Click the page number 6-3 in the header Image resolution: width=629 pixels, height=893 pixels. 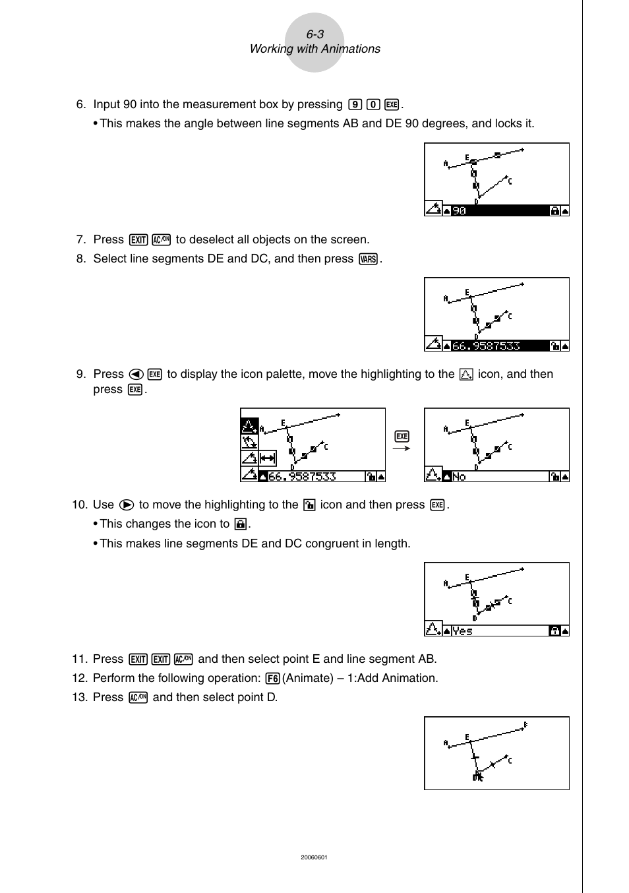pos(314,34)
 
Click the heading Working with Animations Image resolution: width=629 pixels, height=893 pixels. pos(314,49)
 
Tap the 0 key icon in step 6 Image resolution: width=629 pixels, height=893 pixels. pos(373,105)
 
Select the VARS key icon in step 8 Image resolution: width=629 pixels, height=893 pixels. pos(369,259)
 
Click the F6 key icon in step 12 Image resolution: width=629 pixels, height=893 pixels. pos(273,679)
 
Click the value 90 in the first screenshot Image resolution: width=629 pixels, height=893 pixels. pos(459,211)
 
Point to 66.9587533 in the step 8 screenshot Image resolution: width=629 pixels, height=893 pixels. pos(486,346)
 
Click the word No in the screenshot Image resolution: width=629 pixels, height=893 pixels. pos(459,476)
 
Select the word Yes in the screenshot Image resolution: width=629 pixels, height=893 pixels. pos(462,631)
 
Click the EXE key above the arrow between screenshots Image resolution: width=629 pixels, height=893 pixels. pos(402,436)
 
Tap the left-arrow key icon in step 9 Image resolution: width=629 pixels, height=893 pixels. pos(136,375)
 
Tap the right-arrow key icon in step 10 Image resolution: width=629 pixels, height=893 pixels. pos(127,505)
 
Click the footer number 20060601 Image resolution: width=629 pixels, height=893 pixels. pos(314,857)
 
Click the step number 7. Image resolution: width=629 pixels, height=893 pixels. pos(80,240)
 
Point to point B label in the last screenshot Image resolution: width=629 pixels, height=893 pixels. pos(525,725)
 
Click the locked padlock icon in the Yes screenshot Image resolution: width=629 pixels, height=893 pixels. pos(554,631)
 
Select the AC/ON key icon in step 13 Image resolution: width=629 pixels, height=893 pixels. pos(138,698)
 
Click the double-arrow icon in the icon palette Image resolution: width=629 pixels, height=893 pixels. pos(268,458)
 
